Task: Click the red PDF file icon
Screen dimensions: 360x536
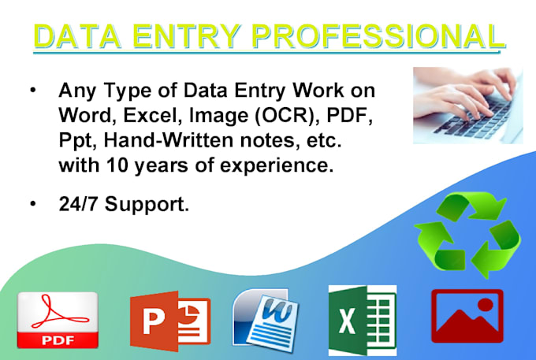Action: (x=58, y=320)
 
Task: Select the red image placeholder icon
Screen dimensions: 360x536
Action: (x=467, y=316)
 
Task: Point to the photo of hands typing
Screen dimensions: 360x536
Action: (x=467, y=105)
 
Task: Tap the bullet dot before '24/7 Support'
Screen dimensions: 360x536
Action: (x=32, y=205)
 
